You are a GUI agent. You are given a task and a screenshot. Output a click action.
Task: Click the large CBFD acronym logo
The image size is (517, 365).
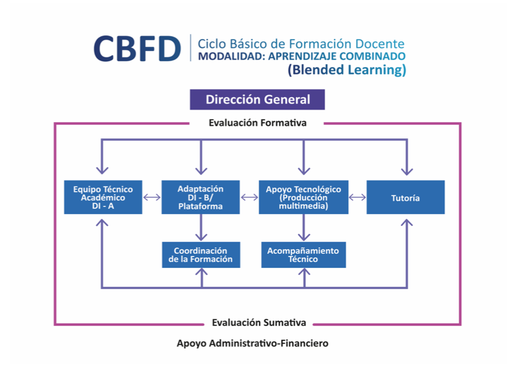(137, 49)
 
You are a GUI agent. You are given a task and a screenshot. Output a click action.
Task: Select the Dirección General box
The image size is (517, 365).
(257, 99)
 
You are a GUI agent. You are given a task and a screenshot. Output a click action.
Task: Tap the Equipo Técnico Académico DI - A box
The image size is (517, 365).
(103, 197)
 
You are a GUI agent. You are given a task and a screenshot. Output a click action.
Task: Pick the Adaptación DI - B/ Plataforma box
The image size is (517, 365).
(201, 197)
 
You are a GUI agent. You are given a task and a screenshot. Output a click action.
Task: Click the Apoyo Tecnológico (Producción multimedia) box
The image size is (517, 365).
(303, 197)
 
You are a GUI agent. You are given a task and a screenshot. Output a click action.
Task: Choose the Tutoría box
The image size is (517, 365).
(405, 197)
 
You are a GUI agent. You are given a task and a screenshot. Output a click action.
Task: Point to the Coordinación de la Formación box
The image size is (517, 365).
(201, 255)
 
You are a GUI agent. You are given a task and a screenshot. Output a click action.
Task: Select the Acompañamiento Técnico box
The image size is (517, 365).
(304, 255)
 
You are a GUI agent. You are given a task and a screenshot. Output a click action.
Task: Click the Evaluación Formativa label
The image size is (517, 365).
(258, 123)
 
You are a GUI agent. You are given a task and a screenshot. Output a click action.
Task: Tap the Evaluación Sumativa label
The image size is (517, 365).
(259, 322)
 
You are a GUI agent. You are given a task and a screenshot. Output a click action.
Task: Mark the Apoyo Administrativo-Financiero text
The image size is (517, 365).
(253, 343)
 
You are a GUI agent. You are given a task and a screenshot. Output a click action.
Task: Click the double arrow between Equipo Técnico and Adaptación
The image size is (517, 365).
(152, 197)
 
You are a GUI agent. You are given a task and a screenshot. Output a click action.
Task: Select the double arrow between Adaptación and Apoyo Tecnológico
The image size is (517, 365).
(250, 197)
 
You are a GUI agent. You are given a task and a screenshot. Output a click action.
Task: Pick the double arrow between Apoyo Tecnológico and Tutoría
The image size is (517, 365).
(357, 197)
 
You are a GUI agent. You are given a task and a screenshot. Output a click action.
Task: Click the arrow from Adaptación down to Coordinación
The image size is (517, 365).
(201, 227)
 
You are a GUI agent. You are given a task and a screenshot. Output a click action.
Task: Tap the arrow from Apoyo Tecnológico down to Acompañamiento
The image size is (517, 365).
(304, 227)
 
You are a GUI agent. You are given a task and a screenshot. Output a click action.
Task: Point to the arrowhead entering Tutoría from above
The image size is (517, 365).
(407, 171)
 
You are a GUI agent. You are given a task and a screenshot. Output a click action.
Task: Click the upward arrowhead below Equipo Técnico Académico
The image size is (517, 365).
(102, 223)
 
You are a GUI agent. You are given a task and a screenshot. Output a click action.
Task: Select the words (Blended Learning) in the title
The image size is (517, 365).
(347, 70)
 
